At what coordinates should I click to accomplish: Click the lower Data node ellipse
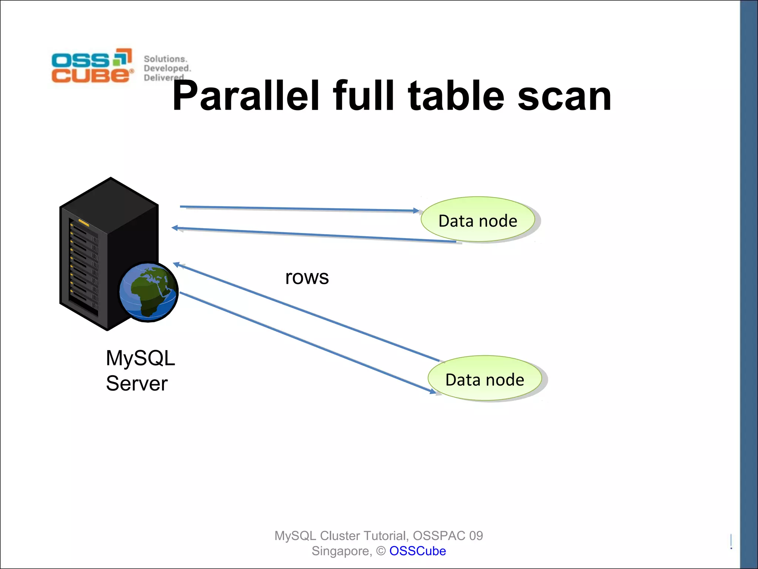coord(484,379)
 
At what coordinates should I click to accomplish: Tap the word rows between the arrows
coord(307,277)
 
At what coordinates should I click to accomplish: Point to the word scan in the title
coord(564,96)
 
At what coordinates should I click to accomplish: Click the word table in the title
coord(456,96)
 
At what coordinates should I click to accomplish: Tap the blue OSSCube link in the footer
coord(417,551)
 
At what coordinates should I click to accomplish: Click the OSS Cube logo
coord(92,66)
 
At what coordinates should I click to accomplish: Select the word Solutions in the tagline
coord(165,59)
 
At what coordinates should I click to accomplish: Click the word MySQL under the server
coord(140,358)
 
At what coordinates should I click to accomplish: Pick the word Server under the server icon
coord(137,383)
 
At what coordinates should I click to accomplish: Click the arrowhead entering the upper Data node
coord(416,210)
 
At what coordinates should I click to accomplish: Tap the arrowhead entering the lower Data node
coord(432,391)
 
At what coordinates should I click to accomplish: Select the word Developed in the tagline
coord(167,68)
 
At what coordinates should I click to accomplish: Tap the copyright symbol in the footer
coord(381,551)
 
